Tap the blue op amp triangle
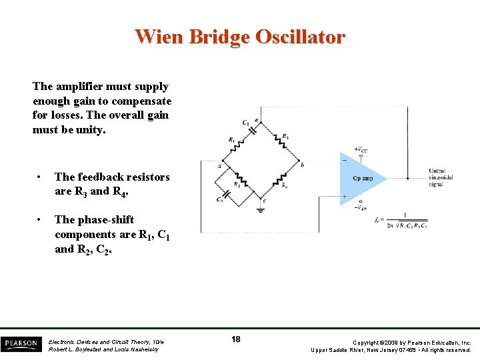[360, 178]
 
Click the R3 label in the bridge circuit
[285, 137]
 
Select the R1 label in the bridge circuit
[231, 140]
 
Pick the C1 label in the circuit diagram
[246, 123]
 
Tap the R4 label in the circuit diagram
[285, 185]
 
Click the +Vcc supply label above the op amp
[361, 150]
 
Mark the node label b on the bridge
[302, 164]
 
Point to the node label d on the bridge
[219, 165]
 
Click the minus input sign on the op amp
[344, 161]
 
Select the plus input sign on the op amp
[344, 197]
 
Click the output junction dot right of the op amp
[407, 179]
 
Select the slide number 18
[236, 339]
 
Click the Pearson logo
[21, 344]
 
